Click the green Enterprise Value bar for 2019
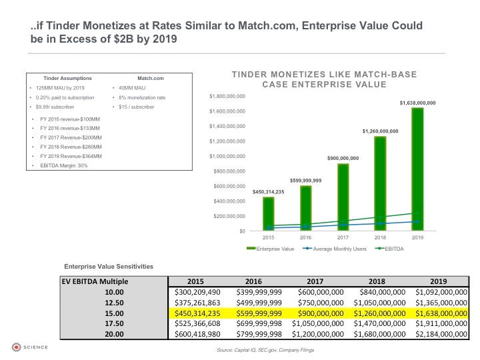(417, 169)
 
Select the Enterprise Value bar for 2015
(269, 214)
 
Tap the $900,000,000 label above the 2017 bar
(343, 158)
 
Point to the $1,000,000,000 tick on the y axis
(227, 156)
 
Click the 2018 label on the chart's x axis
(380, 237)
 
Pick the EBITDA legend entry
(389, 249)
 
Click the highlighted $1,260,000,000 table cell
(379, 313)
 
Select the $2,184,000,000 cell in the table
(441, 334)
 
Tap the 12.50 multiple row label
(114, 303)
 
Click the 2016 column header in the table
(253, 281)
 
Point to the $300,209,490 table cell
(197, 292)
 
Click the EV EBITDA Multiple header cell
(95, 281)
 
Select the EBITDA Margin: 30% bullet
(64, 165)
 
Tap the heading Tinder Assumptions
(67, 79)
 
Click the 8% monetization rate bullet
(142, 97)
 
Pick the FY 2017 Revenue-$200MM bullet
(71, 138)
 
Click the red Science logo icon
(16, 347)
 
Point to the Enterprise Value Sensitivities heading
(109, 266)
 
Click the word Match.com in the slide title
(269, 25)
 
